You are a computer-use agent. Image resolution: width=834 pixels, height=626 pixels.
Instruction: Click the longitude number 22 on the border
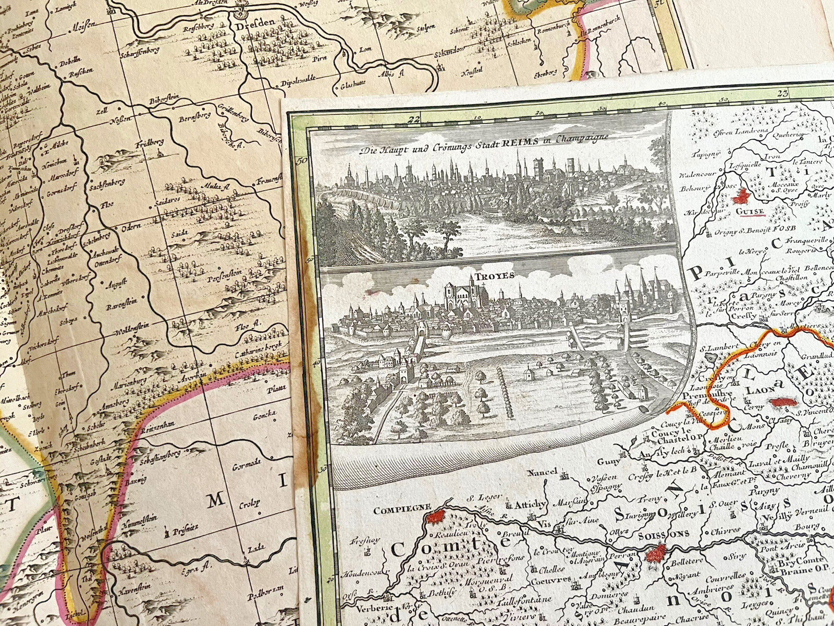pos(414,119)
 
